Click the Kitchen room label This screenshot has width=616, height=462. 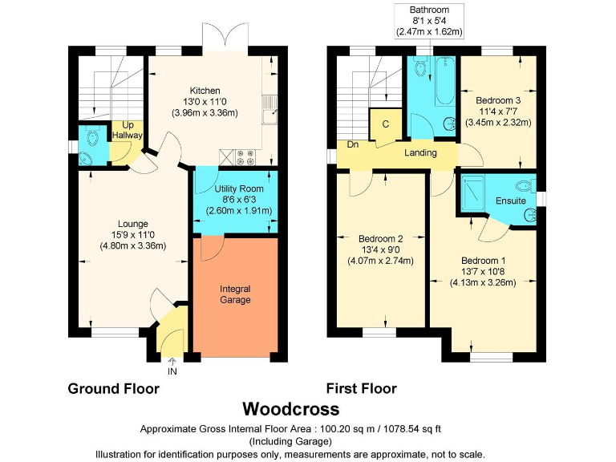pos(205,91)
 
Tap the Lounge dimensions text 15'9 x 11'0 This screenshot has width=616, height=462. pos(133,235)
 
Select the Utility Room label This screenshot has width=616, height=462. pos(239,189)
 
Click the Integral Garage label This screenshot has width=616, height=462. pos(235,294)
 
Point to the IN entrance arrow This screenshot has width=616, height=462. pos(172,362)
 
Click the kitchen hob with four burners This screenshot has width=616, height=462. pos(245,157)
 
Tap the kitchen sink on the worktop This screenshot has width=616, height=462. pos(269,110)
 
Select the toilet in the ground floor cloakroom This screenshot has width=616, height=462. pos(93,136)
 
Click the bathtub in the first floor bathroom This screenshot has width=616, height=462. pos(445,81)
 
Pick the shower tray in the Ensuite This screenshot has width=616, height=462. pos(473,193)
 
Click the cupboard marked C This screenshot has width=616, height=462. pos(385,124)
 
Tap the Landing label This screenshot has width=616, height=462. pos(420,152)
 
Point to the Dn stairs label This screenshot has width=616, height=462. pos(353,144)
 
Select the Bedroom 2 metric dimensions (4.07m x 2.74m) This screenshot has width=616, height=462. pos(380,261)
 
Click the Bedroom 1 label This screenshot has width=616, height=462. pos(483,261)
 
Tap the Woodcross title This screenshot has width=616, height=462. pos(290,409)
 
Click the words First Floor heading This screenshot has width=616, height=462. pos(362,388)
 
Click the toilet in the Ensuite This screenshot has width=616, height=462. pos(525,185)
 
